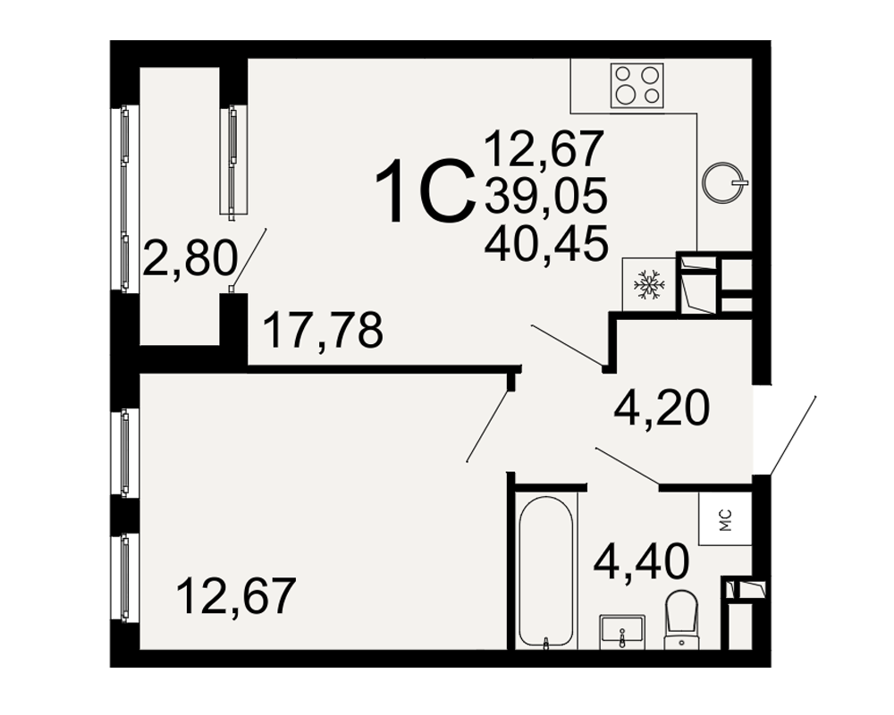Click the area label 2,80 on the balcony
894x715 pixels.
click(190, 258)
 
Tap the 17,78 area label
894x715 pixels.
click(324, 331)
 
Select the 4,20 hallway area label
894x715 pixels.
click(662, 408)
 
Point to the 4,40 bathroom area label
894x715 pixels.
click(641, 561)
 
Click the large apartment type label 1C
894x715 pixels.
click(426, 191)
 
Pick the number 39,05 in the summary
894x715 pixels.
click(545, 196)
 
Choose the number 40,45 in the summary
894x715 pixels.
click(545, 243)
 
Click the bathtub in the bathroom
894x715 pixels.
click(545, 572)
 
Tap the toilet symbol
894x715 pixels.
click(682, 619)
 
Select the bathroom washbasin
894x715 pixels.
click(622, 632)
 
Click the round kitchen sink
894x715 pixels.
click(724, 182)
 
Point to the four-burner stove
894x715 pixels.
click(637, 86)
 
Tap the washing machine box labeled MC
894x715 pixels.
click(726, 520)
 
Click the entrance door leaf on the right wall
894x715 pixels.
click(793, 435)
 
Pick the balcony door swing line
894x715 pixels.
click(249, 257)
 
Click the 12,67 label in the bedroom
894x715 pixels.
click(237, 596)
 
